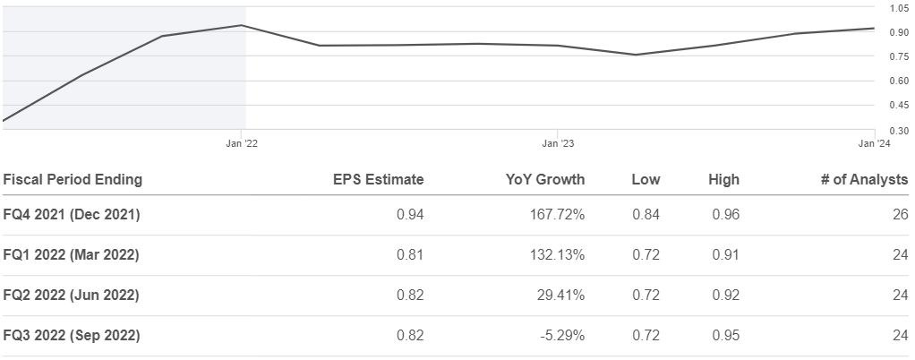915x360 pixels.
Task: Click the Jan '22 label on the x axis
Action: click(x=242, y=143)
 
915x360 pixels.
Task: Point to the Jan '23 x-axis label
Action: click(x=558, y=143)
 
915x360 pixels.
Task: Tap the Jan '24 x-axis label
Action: click(x=875, y=143)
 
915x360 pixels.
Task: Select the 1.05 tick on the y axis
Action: click(x=899, y=8)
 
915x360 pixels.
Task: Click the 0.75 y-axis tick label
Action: click(x=899, y=56)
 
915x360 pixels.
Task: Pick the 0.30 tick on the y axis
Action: click(x=899, y=131)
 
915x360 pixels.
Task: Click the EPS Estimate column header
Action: click(x=378, y=180)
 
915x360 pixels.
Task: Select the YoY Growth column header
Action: click(x=545, y=180)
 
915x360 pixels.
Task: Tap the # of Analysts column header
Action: click(x=864, y=180)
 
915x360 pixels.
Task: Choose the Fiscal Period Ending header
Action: click(x=73, y=180)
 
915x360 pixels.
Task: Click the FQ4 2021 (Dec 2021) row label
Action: click(x=72, y=215)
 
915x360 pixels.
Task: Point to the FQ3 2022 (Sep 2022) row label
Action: click(x=72, y=336)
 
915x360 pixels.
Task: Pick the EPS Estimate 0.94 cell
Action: click(x=410, y=215)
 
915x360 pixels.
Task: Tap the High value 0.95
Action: click(x=725, y=336)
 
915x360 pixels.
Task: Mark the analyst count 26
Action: click(x=901, y=215)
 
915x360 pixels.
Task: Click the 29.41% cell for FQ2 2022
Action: click(x=560, y=296)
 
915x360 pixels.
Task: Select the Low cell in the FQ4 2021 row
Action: click(x=646, y=215)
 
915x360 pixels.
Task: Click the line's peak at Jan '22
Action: click(x=242, y=25)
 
